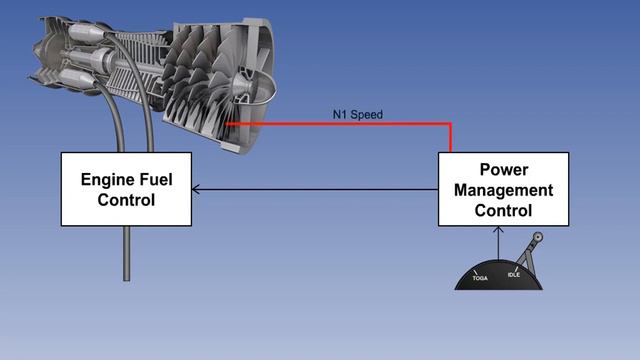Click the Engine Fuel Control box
pyautogui.click(x=126, y=188)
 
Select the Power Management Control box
pyautogui.click(x=503, y=189)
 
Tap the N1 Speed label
pyautogui.click(x=358, y=115)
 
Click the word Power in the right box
pyautogui.click(x=503, y=170)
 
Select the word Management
pyautogui.click(x=503, y=190)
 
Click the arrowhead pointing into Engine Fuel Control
pyautogui.click(x=195, y=188)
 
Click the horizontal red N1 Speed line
pyautogui.click(x=340, y=124)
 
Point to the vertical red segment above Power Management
pyautogui.click(x=450, y=138)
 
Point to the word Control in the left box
pyautogui.click(x=126, y=199)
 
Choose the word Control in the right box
pyautogui.click(x=503, y=210)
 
